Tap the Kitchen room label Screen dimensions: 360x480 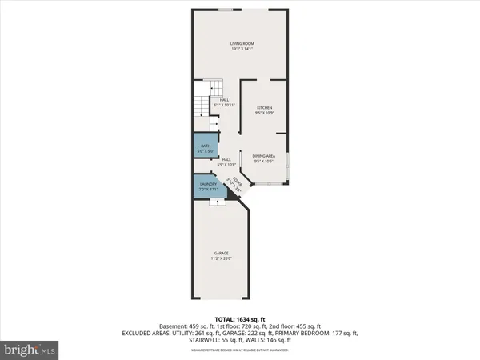(x=264, y=107)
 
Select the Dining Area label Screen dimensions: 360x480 (x=264, y=156)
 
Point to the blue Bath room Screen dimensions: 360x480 (x=205, y=147)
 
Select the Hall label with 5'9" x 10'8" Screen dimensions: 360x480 (x=227, y=159)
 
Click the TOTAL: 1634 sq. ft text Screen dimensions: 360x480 (x=240, y=318)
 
